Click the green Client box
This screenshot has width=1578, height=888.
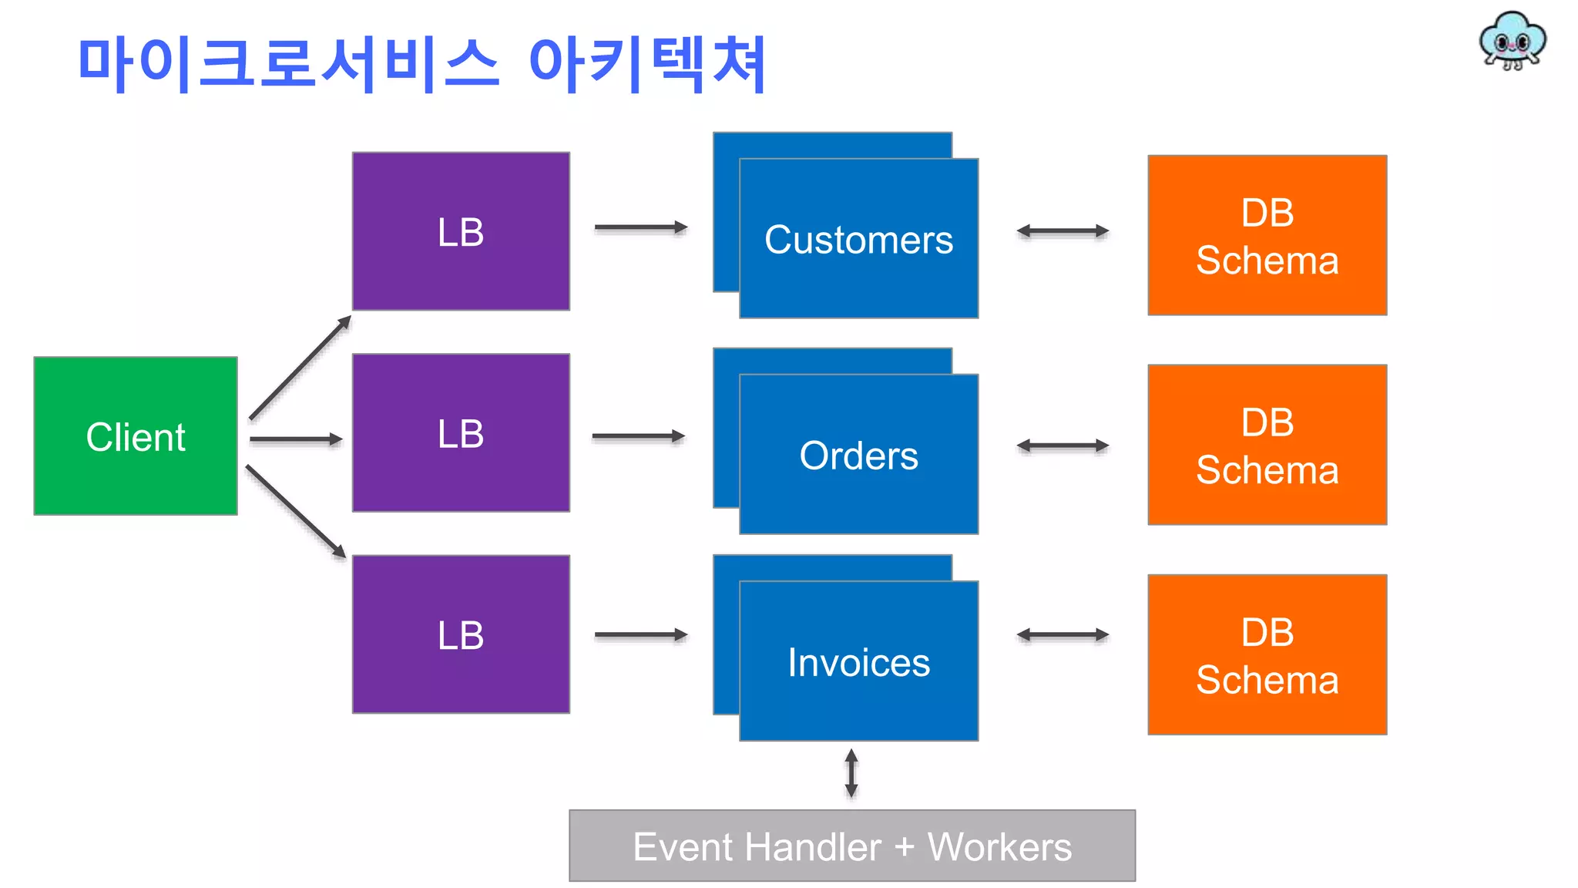point(136,436)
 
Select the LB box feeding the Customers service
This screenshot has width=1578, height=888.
point(461,231)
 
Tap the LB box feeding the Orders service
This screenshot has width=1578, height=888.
point(461,433)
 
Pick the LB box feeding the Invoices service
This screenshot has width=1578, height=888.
point(461,634)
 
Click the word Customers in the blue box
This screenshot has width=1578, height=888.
point(858,240)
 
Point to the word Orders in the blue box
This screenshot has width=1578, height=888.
point(858,456)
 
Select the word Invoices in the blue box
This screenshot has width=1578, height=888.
point(858,662)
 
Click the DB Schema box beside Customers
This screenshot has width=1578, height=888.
point(1267,236)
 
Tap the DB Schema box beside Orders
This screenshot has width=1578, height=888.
point(1267,446)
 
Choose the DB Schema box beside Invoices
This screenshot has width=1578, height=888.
point(1267,655)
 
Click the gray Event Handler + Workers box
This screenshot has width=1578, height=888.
point(851,846)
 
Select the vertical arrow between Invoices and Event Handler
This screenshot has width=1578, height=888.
point(851,773)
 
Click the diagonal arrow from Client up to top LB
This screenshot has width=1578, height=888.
point(300,368)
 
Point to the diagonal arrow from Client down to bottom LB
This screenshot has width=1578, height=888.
point(296,511)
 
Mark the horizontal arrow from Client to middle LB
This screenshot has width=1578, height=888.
point(295,439)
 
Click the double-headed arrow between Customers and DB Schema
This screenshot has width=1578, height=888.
point(1063,230)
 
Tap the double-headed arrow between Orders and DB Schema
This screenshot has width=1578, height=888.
point(1063,446)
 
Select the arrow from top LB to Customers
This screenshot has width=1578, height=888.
point(640,227)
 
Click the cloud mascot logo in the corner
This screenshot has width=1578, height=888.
point(1512,41)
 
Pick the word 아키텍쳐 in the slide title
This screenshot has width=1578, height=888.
point(647,63)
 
